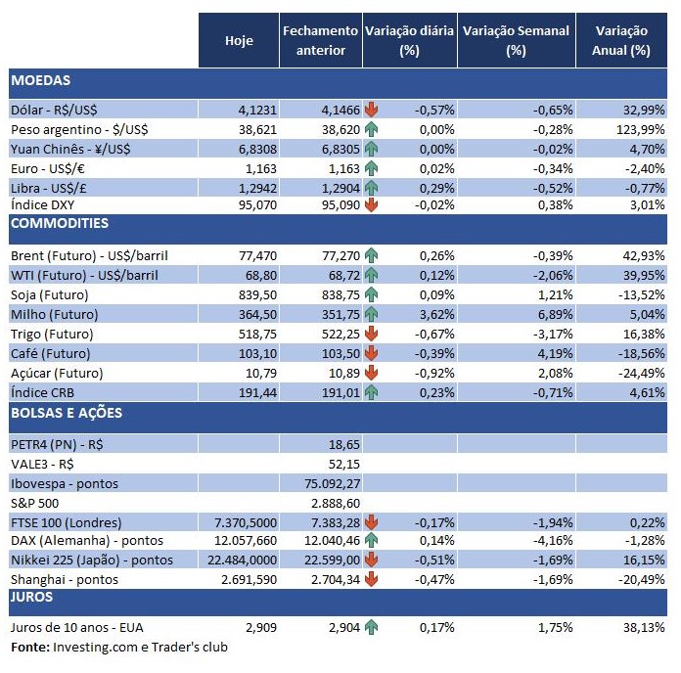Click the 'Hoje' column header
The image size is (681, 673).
(239, 40)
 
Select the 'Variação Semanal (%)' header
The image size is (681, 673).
(516, 40)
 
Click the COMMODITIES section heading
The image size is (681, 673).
(60, 223)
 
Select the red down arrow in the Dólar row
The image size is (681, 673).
(371, 110)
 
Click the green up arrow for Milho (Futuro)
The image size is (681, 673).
(371, 314)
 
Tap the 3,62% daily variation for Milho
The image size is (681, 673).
(435, 314)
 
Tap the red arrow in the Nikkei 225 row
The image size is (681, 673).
(371, 560)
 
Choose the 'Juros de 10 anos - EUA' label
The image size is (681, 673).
(77, 626)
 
